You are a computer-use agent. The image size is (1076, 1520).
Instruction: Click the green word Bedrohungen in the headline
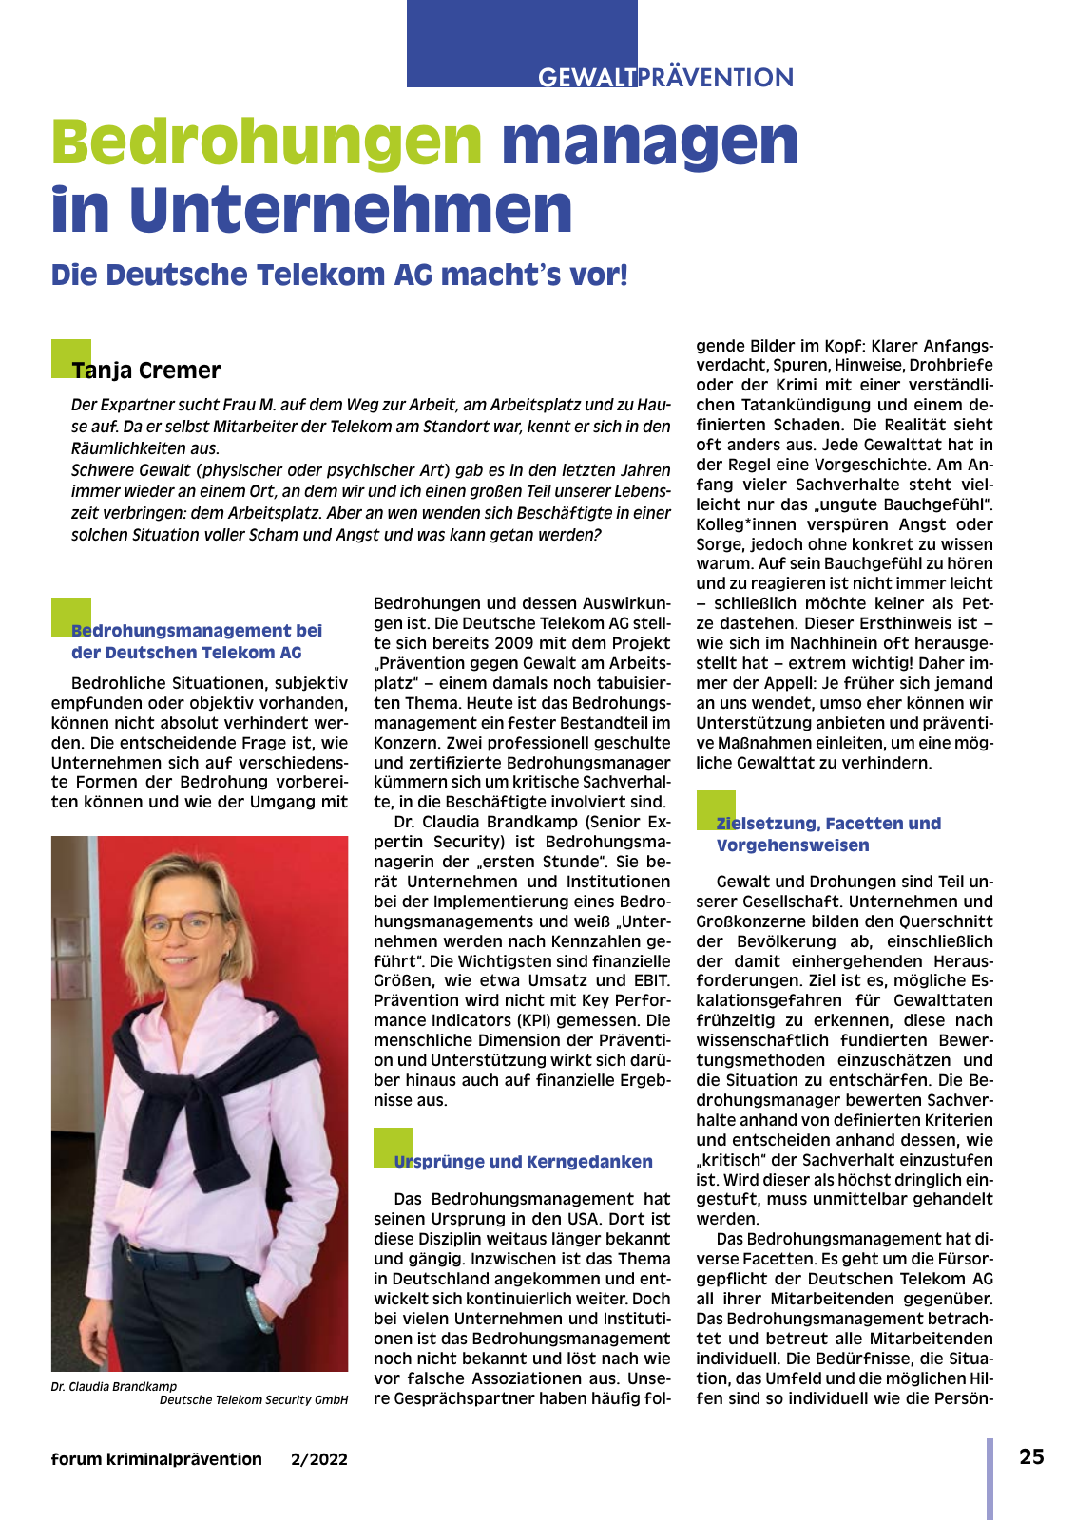pos(267,142)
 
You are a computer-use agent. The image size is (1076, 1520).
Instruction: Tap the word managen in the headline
pos(650,142)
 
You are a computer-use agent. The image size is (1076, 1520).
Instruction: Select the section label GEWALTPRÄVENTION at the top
pos(665,77)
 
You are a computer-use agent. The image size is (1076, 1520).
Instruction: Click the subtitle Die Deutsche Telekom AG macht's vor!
pos(339,275)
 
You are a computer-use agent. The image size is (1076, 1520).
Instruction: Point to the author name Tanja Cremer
pos(146,370)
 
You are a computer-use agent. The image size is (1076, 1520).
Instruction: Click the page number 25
pos(1031,1457)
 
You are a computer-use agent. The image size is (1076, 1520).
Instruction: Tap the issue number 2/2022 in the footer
pos(319,1459)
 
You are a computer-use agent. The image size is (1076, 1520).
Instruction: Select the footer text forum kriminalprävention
pos(157,1459)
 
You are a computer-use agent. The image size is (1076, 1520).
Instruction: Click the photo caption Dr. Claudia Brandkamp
pos(114,1386)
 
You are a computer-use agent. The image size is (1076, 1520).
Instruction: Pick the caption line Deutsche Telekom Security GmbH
pos(254,1399)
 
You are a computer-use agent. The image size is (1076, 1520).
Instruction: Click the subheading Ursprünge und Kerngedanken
pos(523,1161)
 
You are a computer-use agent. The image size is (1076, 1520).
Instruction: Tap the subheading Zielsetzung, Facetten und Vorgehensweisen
pos(828,834)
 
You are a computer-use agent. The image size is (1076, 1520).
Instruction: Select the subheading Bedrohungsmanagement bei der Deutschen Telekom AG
pos(196,641)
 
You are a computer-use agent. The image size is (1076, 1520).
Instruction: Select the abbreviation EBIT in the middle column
pos(650,980)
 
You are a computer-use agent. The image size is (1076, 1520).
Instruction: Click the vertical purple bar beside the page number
pos(990,1478)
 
